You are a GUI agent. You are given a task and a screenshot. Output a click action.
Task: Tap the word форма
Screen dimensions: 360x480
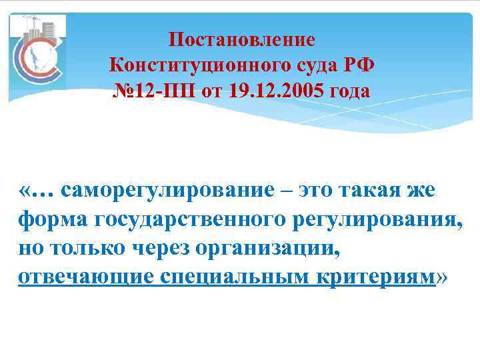(x=54, y=219)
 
